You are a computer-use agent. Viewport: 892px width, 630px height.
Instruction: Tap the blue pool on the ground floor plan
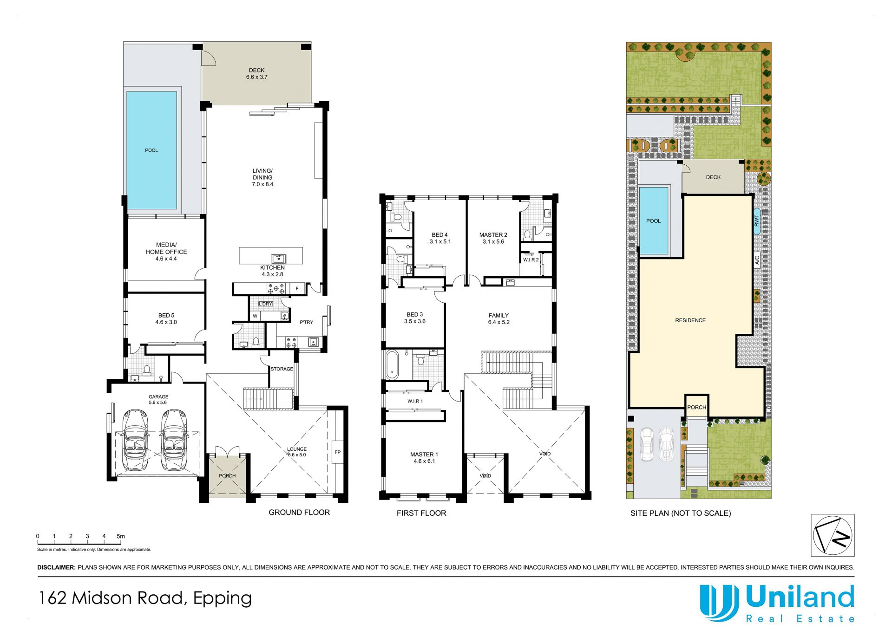tap(151, 150)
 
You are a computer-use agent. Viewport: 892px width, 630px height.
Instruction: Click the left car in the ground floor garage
tap(135, 439)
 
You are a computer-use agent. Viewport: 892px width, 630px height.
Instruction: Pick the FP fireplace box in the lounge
tap(338, 452)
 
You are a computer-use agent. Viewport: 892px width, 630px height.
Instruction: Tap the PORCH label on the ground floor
tap(227, 476)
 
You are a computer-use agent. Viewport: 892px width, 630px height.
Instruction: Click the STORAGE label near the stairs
tap(282, 369)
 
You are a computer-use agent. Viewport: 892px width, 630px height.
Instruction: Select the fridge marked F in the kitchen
tap(297, 289)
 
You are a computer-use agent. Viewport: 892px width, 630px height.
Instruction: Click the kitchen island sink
tap(279, 259)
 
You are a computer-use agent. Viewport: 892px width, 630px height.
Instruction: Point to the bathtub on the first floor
tap(392, 365)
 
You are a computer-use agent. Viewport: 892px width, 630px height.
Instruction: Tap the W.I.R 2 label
tap(531, 260)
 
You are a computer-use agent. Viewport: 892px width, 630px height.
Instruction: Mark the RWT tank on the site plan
tap(757, 221)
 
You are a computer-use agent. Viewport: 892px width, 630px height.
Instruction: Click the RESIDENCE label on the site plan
tap(690, 320)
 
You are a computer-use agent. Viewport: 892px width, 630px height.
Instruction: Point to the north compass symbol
tap(833, 535)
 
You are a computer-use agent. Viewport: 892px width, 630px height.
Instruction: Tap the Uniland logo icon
tap(719, 603)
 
